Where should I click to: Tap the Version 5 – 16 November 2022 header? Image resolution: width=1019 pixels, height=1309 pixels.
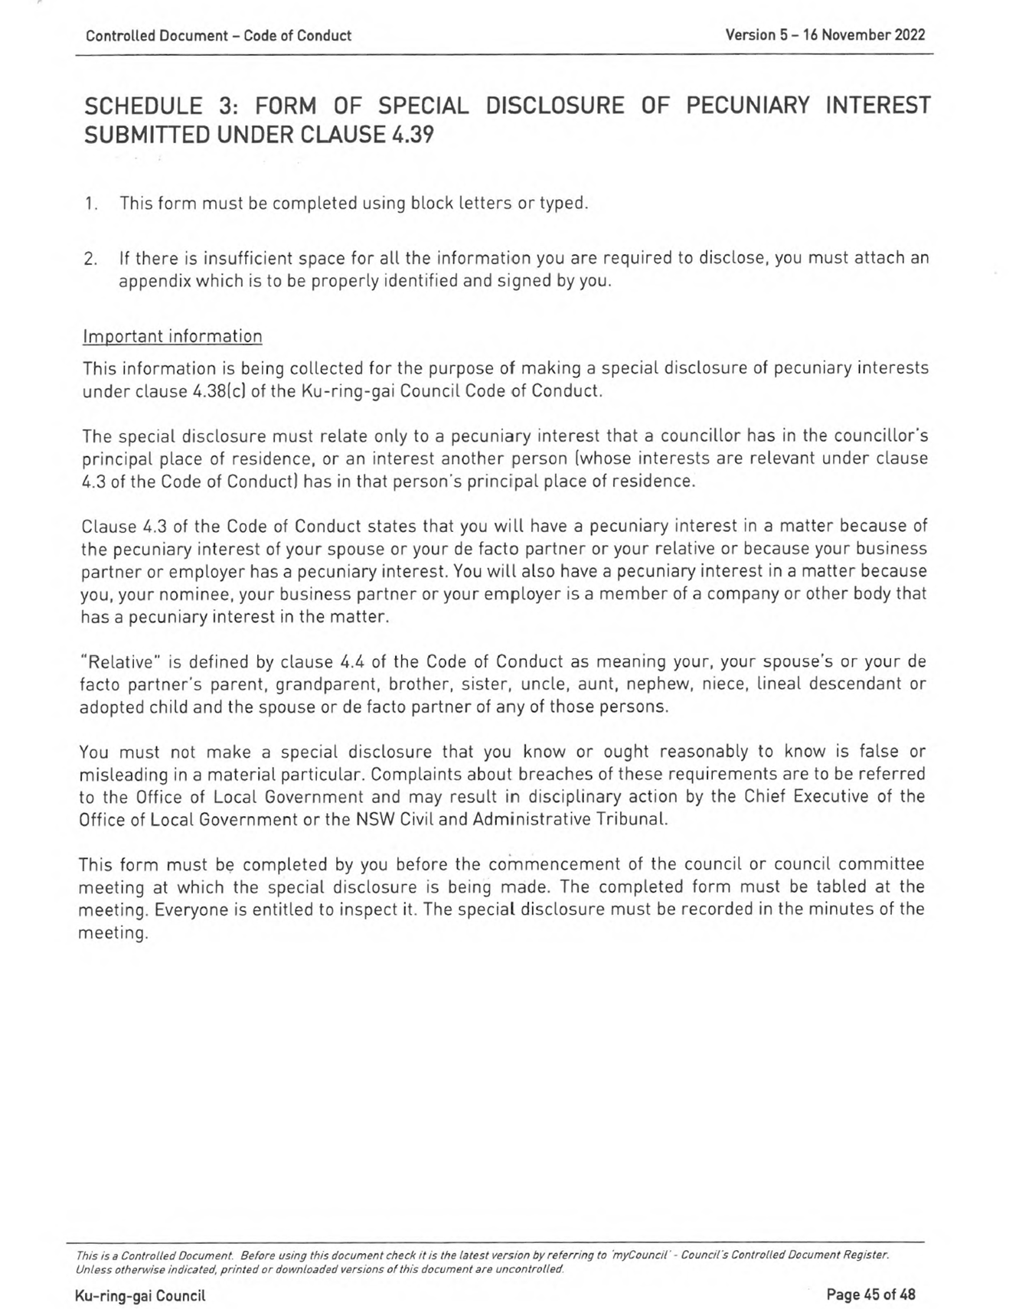click(x=825, y=35)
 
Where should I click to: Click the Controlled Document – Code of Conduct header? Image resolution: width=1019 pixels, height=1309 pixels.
click(x=218, y=36)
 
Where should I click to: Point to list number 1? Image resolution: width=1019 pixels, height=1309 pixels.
click(x=91, y=204)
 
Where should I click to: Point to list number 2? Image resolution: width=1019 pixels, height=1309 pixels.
click(x=90, y=259)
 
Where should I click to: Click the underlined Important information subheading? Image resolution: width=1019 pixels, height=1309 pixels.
click(x=172, y=337)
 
